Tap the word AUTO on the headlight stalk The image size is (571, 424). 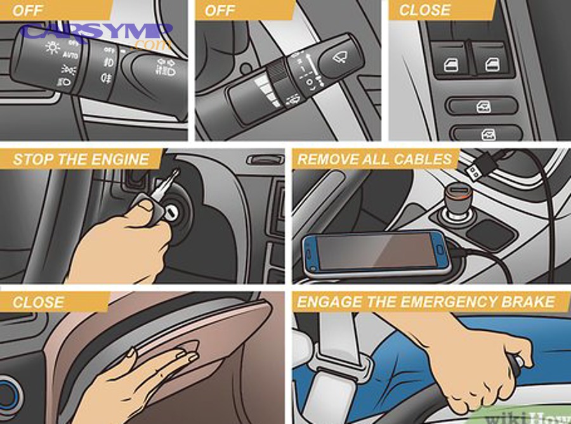tap(70, 56)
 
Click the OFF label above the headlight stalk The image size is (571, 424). tap(28, 10)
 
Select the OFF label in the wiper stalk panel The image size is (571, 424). tap(220, 10)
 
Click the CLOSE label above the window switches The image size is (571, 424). tap(424, 10)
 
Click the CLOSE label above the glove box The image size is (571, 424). tap(37, 302)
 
